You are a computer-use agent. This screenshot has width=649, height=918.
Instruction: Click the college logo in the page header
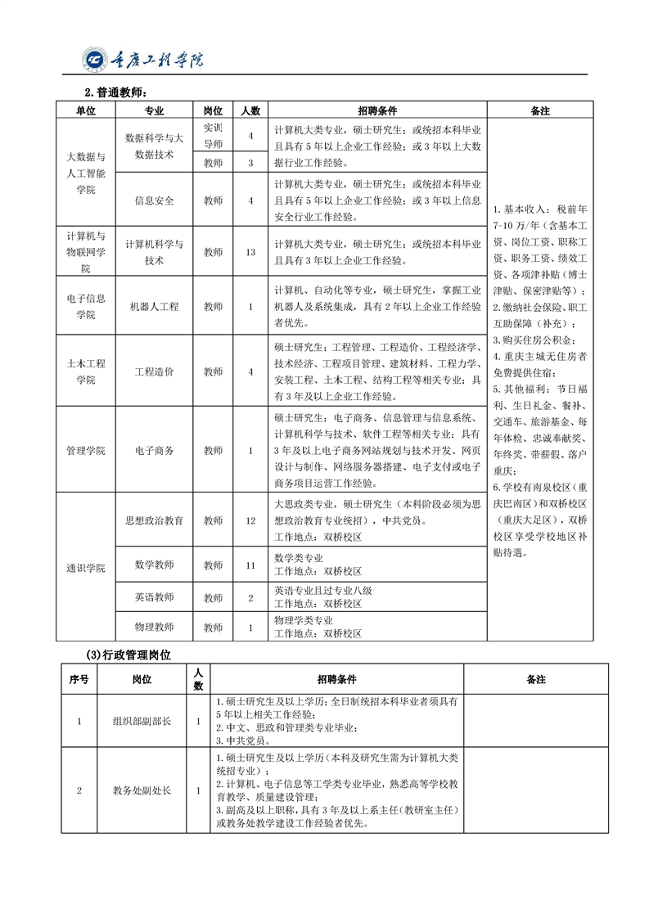click(x=95, y=59)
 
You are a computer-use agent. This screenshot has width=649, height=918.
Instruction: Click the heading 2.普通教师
click(x=115, y=92)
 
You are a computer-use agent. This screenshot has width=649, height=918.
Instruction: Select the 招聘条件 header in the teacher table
click(x=376, y=110)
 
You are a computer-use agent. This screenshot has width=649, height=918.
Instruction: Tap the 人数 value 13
click(x=250, y=252)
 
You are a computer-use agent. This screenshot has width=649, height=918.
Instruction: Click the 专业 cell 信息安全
click(x=154, y=200)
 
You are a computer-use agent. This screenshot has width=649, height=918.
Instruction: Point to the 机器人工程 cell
click(x=154, y=307)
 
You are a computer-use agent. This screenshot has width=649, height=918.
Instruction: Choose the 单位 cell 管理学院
click(x=86, y=451)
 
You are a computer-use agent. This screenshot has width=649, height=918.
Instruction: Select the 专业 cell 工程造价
click(x=154, y=371)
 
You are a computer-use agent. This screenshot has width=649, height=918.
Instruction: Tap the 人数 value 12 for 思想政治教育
click(x=250, y=520)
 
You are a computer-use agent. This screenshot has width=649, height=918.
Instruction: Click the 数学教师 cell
click(x=154, y=565)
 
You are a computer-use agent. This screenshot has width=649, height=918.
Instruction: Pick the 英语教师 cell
click(x=154, y=597)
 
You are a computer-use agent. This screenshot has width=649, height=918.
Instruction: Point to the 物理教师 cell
click(x=154, y=628)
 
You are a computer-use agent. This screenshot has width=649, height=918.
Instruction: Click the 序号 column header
click(x=79, y=679)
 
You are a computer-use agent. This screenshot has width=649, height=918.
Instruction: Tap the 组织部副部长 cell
click(x=142, y=721)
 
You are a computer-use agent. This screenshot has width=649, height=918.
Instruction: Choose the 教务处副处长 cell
click(x=142, y=790)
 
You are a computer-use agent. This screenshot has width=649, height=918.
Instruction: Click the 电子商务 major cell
click(x=154, y=451)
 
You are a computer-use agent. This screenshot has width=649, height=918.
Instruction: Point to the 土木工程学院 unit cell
click(x=86, y=371)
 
